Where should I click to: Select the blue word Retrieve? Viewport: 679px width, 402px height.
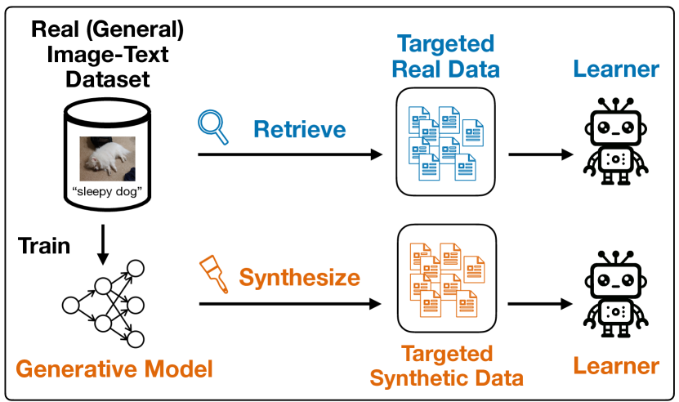(x=300, y=129)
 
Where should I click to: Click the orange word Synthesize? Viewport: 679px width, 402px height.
(x=300, y=277)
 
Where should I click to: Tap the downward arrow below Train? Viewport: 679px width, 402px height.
(x=102, y=245)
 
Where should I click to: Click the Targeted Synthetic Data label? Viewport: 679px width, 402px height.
(x=446, y=366)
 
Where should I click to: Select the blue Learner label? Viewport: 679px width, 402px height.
(x=615, y=69)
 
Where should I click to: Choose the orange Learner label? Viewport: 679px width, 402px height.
(x=615, y=365)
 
